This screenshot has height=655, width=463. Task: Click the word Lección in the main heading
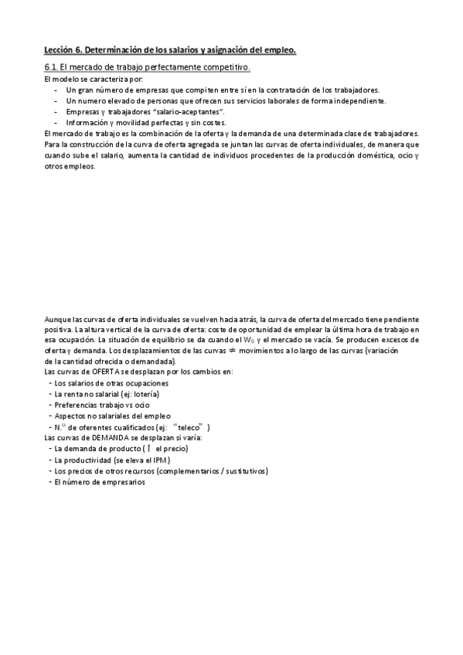(x=58, y=50)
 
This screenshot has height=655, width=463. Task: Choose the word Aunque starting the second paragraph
(x=56, y=319)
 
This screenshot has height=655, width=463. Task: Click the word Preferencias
(x=75, y=405)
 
